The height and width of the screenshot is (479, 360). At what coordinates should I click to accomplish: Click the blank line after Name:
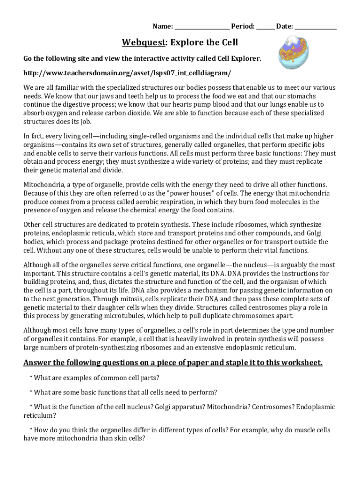tap(202, 27)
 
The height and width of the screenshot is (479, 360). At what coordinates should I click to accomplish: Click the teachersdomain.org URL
tap(127, 74)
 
